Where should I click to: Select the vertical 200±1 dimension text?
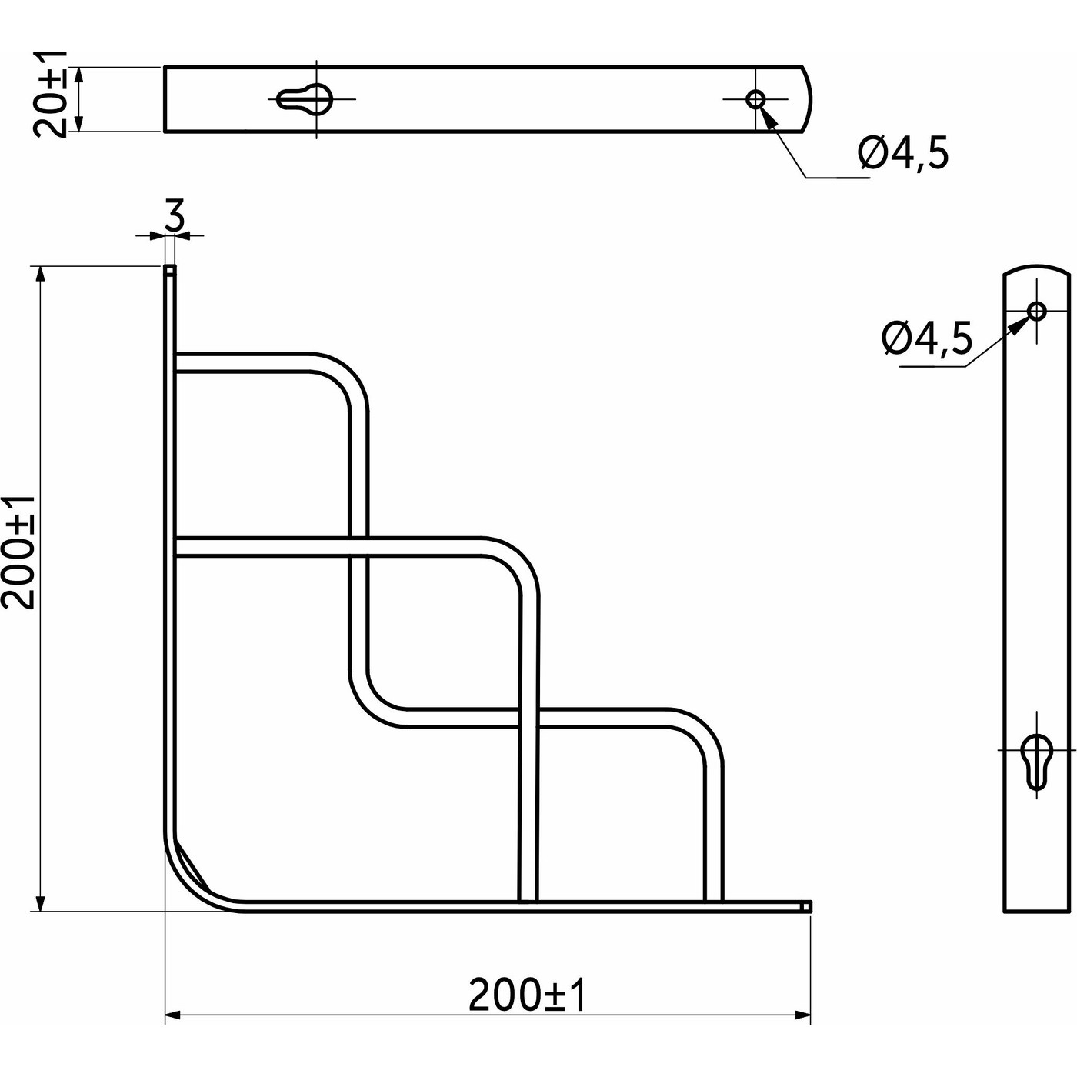pos(18,552)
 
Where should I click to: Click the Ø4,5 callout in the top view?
pos(903,155)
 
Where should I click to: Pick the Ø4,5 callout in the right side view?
pos(927,338)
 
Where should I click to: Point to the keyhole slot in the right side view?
pos(1035,762)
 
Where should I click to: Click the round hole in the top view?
pos(755,98)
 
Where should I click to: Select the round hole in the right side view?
pos(1037,311)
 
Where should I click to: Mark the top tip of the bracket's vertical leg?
pos(170,270)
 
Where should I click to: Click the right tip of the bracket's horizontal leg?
pos(806,906)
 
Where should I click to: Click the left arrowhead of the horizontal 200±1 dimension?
pos(172,1016)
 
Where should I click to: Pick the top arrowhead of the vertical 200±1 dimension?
pos(40,273)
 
